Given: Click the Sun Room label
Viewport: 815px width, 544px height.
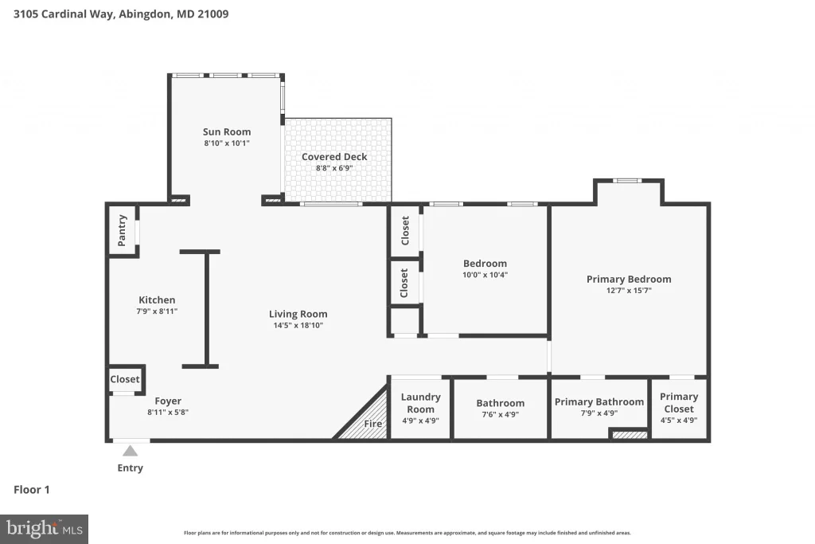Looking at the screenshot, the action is point(227,132).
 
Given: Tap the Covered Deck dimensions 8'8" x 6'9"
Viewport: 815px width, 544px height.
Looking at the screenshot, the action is point(334,168).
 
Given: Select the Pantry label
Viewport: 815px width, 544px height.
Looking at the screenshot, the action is point(122,230).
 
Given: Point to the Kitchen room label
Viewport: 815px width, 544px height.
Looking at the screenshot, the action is point(157,300).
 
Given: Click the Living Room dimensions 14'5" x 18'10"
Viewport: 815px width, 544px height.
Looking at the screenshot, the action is point(298,326).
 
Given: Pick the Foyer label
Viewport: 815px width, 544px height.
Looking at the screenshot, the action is point(168,401).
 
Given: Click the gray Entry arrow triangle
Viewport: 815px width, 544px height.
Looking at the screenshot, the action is point(130,451).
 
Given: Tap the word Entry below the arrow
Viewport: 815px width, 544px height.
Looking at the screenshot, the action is point(130,468).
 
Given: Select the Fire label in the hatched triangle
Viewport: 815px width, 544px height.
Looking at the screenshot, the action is point(372,424).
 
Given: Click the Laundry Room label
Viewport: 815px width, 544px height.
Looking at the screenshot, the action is point(420,403).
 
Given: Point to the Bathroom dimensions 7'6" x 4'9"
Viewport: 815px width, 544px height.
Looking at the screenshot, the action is point(500,414).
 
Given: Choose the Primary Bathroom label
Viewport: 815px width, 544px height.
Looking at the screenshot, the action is point(599,402).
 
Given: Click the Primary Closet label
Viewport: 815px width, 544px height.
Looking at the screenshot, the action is point(679,402).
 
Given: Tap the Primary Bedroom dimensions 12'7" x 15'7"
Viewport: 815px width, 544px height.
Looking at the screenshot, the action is point(629,291).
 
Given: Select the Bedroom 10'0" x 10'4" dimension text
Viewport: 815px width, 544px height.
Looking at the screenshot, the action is point(485,275).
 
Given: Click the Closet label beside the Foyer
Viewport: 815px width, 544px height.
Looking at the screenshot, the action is point(125,380).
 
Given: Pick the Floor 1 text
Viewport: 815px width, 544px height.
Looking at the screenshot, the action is point(32,490).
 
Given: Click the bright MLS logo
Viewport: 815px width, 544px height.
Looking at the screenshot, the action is point(45,530).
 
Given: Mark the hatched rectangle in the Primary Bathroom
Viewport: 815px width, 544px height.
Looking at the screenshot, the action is point(630,433).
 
